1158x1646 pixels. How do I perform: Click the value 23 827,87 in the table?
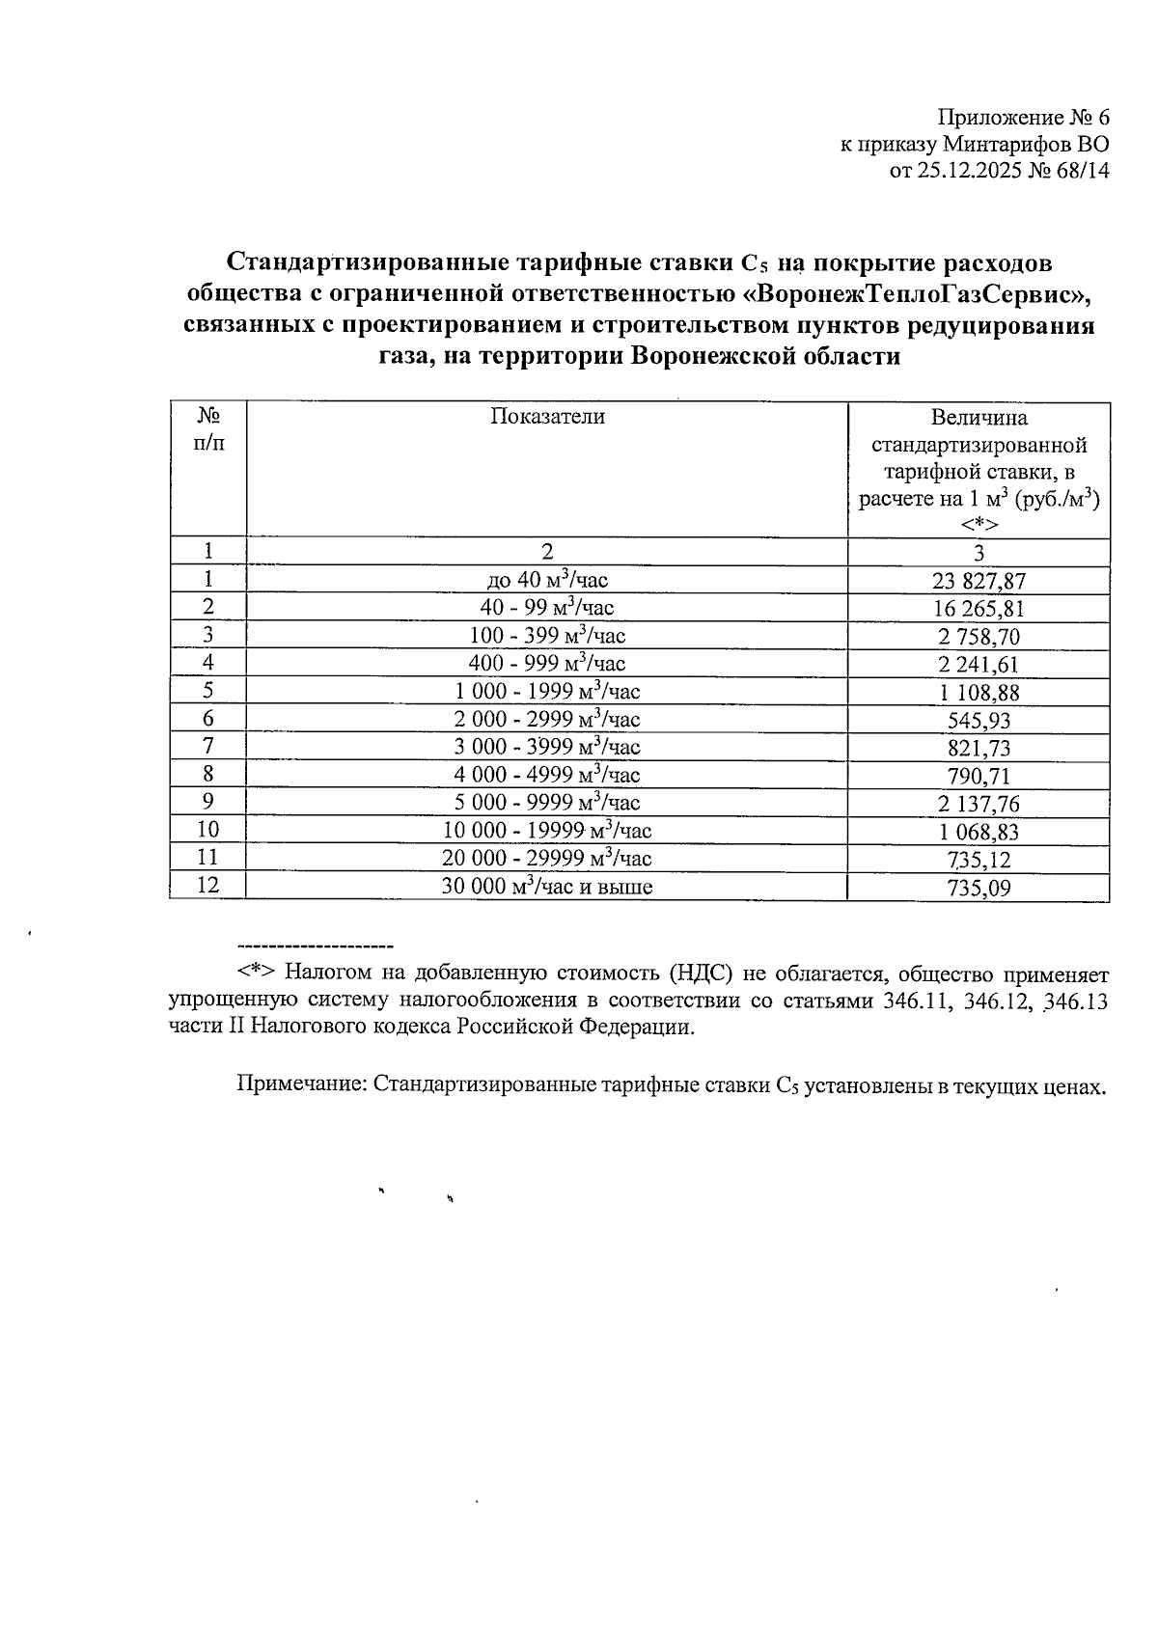click(979, 581)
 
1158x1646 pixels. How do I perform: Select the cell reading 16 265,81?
click(979, 609)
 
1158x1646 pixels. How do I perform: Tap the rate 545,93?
click(979, 720)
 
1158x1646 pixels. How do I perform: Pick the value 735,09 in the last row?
click(979, 888)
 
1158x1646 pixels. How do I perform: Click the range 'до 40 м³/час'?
click(547, 580)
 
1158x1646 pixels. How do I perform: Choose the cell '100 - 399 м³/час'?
click(547, 636)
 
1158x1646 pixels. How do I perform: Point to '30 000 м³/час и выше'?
click(547, 887)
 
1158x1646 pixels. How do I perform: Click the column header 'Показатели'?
click(547, 417)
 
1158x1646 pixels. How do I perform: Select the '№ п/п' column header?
click(207, 429)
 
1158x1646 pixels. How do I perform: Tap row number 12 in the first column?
click(207, 886)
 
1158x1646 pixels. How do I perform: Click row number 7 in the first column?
click(207, 746)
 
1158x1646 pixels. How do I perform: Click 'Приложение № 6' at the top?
click(1024, 118)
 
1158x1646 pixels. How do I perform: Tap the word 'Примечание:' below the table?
click(302, 1085)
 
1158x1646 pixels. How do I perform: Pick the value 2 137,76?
click(979, 805)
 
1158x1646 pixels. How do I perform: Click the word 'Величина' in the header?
click(979, 418)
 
